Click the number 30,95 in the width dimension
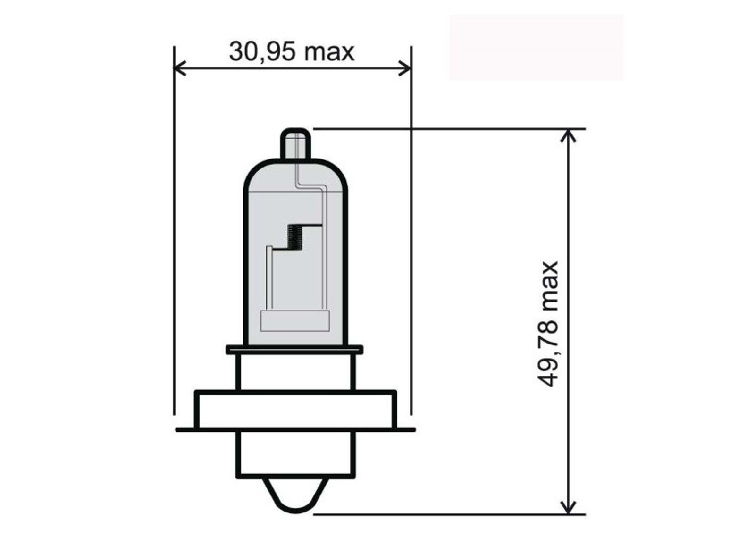262,52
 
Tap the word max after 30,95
329,53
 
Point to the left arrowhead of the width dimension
180,68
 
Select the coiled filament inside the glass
294,237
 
